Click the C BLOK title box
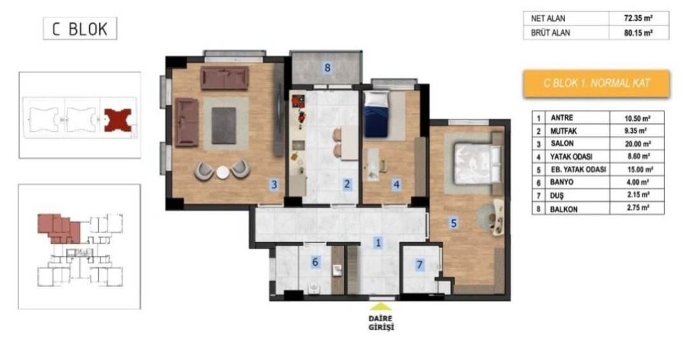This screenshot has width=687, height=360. (80, 29)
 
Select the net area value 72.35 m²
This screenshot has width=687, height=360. (639, 18)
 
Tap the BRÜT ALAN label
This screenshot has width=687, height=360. (550, 33)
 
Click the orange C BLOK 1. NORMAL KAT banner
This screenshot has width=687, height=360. (596, 83)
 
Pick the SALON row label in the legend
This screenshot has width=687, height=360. (562, 144)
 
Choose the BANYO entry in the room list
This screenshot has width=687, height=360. (562, 182)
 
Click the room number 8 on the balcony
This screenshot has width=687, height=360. (328, 67)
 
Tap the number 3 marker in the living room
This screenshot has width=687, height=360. (274, 184)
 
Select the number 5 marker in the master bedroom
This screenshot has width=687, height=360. (454, 223)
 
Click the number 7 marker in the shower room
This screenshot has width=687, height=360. (420, 265)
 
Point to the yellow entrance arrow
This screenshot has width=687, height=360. (381, 307)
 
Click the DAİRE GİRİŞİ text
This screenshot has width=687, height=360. (381, 322)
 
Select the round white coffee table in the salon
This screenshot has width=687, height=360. (223, 172)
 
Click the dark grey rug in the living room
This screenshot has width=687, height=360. (224, 126)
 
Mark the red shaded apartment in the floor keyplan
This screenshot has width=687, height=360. (59, 228)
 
